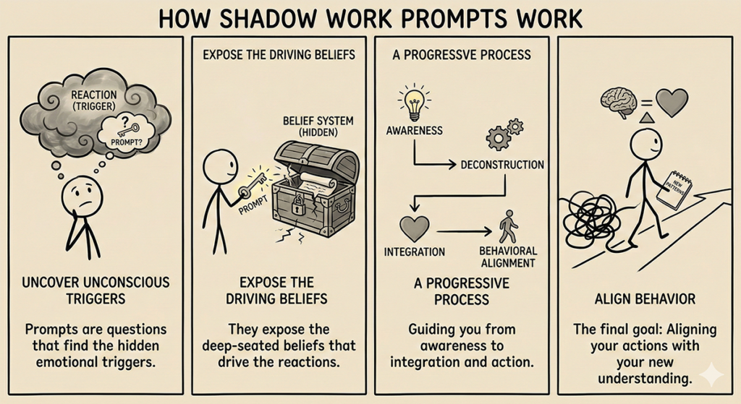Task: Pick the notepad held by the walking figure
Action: click(676, 189)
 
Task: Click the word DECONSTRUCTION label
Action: click(501, 165)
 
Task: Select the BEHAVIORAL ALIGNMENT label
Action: click(508, 257)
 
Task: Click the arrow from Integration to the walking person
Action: click(462, 232)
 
